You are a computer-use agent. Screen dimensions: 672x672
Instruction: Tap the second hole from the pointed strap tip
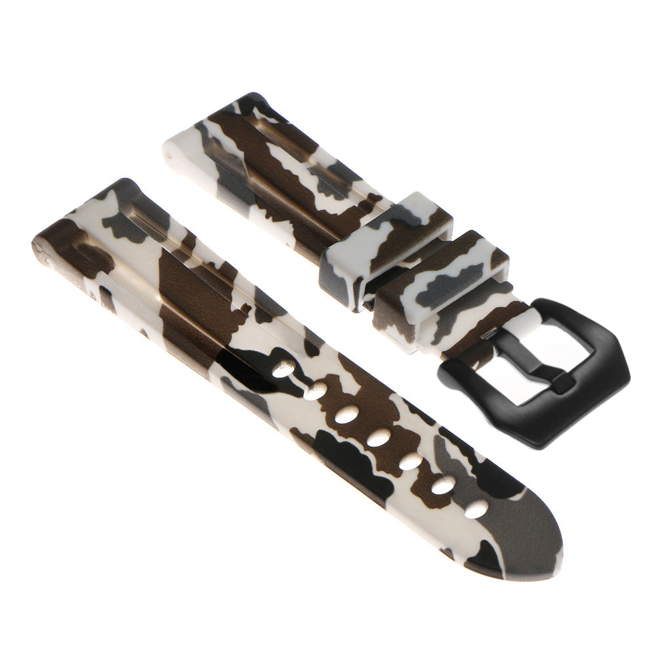click(444, 486)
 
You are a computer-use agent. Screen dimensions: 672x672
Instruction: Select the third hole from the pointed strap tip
click(411, 461)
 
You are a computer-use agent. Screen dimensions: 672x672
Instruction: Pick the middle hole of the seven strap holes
click(379, 438)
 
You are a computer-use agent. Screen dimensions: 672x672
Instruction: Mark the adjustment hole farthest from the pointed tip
click(283, 369)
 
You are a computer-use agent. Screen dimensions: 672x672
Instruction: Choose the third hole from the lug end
click(346, 415)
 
